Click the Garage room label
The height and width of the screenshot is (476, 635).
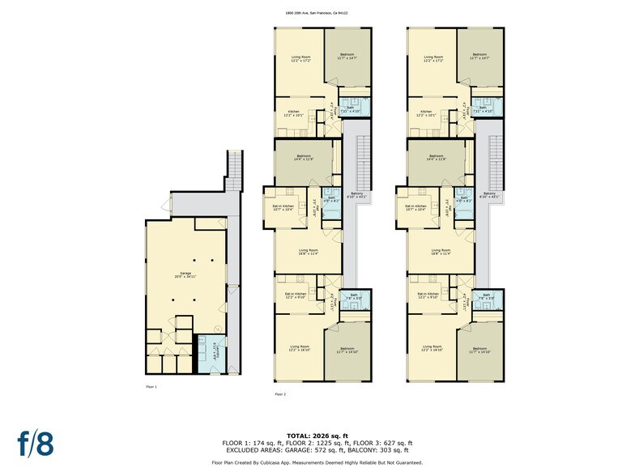(x=185, y=275)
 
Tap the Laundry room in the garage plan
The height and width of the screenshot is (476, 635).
(x=214, y=354)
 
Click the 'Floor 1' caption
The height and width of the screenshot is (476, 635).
(x=151, y=387)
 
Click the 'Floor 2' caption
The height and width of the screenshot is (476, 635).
(x=280, y=394)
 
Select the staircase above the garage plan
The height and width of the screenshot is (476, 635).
(x=235, y=170)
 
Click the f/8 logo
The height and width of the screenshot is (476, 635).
(x=36, y=444)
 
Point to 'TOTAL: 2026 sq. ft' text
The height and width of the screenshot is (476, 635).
(x=317, y=436)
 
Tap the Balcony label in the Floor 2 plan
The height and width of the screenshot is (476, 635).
(x=357, y=195)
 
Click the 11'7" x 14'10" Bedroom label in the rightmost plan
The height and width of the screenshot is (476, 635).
(x=480, y=351)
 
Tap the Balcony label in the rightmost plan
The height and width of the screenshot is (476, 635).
(x=490, y=195)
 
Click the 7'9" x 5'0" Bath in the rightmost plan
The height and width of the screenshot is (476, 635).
(x=487, y=296)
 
